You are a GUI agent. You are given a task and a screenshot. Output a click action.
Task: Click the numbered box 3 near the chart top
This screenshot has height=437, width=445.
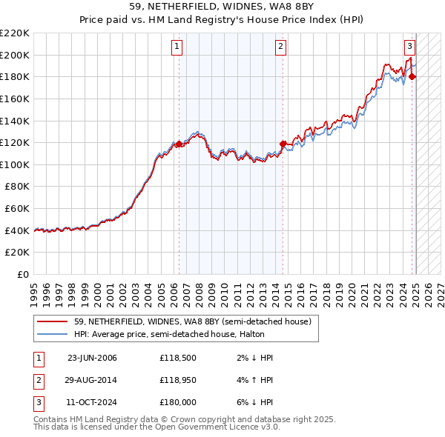pos(409,45)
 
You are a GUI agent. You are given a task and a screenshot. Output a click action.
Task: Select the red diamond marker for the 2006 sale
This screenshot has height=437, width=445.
pos(179,144)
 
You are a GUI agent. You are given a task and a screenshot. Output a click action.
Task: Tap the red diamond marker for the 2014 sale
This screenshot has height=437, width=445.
pos(283,144)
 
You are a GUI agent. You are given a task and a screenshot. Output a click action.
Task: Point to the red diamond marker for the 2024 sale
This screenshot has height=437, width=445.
pos(413,76)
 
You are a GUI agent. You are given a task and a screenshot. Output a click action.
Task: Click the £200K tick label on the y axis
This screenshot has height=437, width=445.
pos(15,55)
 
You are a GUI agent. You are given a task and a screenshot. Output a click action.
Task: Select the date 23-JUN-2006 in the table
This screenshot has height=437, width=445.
pos(92,358)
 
